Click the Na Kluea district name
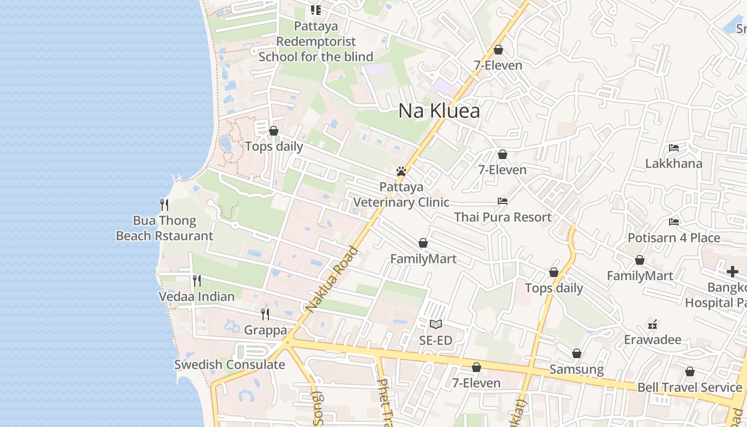(439, 111)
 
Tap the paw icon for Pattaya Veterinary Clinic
(401, 171)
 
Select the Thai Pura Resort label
(503, 217)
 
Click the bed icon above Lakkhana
(674, 148)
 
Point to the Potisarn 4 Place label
(674, 238)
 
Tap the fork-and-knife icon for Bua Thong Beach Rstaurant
(164, 204)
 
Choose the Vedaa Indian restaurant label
(196, 297)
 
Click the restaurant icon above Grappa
(265, 314)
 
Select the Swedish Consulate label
(229, 365)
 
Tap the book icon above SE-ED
(436, 324)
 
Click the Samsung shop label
(576, 369)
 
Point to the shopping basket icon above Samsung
(576, 353)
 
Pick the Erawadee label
(653, 340)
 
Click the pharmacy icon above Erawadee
(652, 324)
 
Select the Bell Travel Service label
(689, 388)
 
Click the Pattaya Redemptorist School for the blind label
(316, 41)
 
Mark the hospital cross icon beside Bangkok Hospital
(732, 272)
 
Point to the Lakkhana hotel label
(673, 164)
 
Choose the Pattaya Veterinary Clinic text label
(401, 195)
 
